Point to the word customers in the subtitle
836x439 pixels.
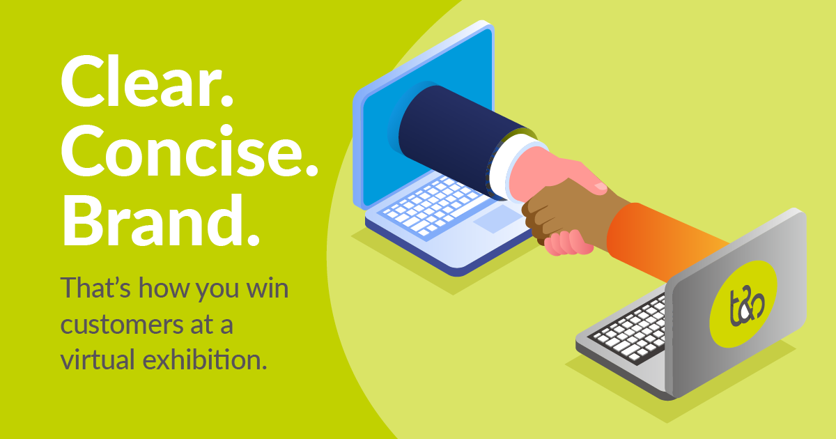click(x=121, y=325)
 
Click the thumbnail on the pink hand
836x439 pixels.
click(x=601, y=187)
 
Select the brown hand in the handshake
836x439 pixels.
click(x=571, y=213)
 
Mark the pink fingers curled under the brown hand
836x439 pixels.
click(x=567, y=242)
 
